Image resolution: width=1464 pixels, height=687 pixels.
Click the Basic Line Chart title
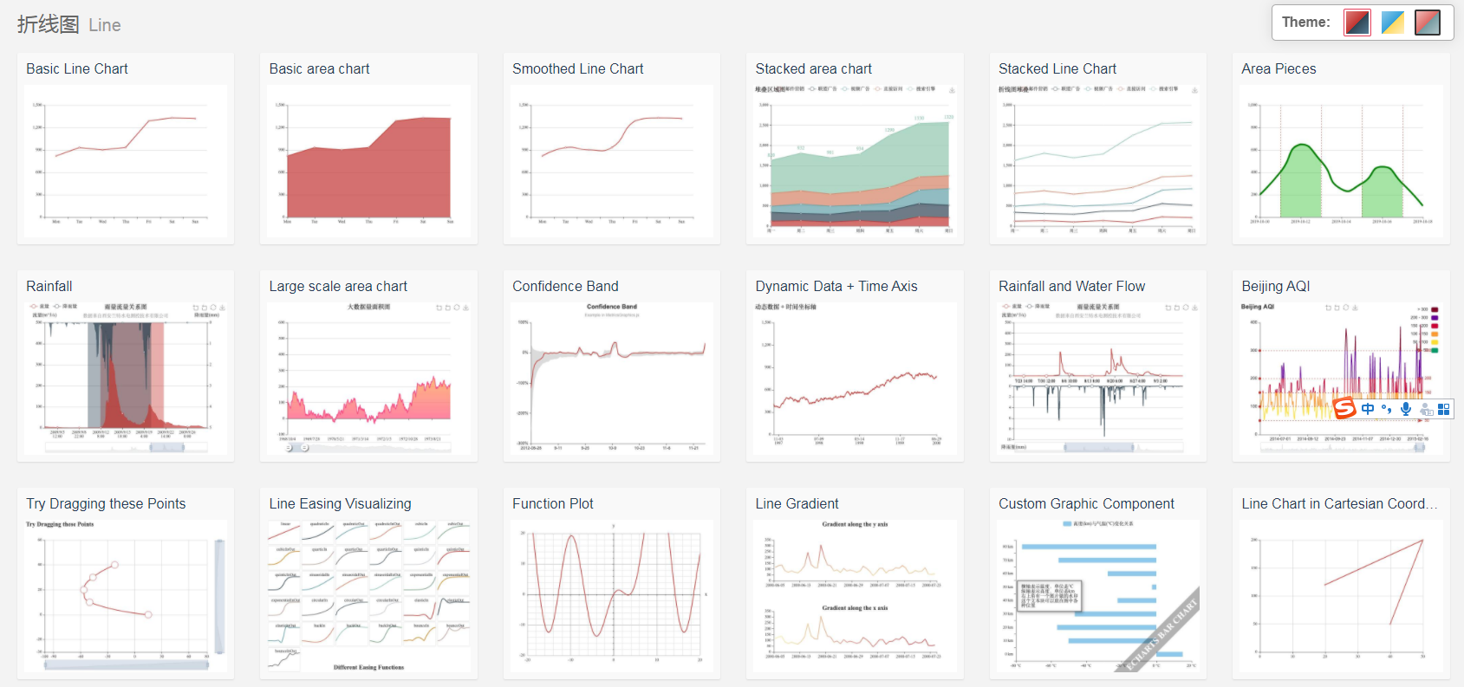[77, 69]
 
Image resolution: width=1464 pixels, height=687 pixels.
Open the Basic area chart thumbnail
[368, 161]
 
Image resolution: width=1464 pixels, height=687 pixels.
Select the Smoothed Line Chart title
[577, 69]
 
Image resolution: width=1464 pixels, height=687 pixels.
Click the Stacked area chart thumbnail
[855, 161]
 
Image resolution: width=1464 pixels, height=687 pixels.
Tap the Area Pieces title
[1279, 69]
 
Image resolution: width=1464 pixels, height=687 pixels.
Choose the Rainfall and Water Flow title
[1071, 287]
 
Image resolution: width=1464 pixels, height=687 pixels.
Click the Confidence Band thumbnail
[612, 379]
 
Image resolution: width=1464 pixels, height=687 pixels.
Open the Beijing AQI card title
[1275, 287]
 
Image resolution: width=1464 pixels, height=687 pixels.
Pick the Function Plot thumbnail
[612, 596]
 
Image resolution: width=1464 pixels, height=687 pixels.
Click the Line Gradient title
[797, 504]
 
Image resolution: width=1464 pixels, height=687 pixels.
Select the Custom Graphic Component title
[1086, 504]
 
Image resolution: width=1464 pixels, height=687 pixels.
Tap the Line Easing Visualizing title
[340, 504]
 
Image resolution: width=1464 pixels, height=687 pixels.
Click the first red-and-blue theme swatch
[1357, 23]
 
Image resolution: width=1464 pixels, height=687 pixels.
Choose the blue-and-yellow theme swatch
[1392, 23]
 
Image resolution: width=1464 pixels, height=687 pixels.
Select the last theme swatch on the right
[1427, 23]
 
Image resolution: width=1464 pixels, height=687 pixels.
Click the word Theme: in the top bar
[1305, 23]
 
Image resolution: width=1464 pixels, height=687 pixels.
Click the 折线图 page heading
[49, 24]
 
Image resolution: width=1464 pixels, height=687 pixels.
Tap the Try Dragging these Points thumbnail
[126, 596]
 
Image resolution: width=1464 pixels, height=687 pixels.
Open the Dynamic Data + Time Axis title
[836, 287]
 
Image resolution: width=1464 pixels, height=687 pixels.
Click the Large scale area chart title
[338, 287]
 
